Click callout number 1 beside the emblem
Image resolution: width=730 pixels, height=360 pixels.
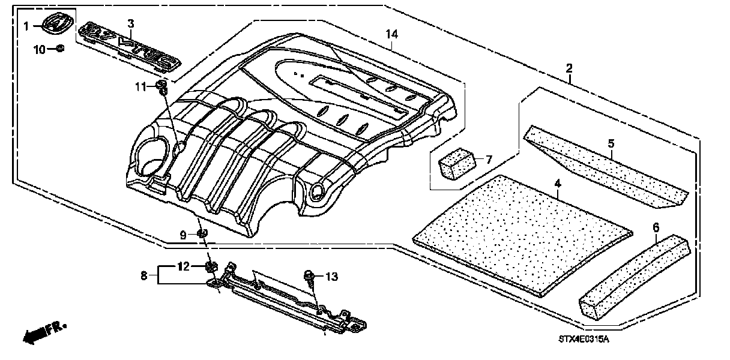coord(26,26)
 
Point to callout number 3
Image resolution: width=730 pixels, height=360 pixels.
coord(131,23)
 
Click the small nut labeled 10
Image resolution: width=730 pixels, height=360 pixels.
coord(59,49)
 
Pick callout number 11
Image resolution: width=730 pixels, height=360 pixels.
coord(140,88)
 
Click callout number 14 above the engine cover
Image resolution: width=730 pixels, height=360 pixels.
coord(391,35)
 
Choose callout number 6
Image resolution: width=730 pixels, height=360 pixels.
coord(656,228)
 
